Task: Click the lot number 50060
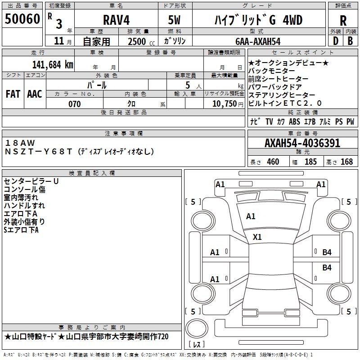click(x=22, y=19)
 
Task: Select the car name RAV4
click(x=117, y=20)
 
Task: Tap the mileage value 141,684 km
click(x=53, y=65)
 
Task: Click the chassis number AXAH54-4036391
click(x=302, y=143)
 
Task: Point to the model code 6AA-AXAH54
click(x=258, y=41)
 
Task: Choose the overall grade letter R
click(x=343, y=21)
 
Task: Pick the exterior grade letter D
click(x=336, y=41)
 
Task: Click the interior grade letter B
click(x=350, y=41)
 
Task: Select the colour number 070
click(x=75, y=104)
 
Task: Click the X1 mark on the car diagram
click(x=257, y=237)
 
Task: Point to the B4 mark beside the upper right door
click(x=327, y=252)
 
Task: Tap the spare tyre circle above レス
click(x=197, y=328)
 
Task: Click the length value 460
click(x=273, y=162)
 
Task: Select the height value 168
click(x=346, y=162)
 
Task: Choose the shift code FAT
click(x=13, y=94)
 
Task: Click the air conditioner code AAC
click(x=35, y=94)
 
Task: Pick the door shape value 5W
click(x=174, y=20)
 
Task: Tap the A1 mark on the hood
click(x=251, y=216)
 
